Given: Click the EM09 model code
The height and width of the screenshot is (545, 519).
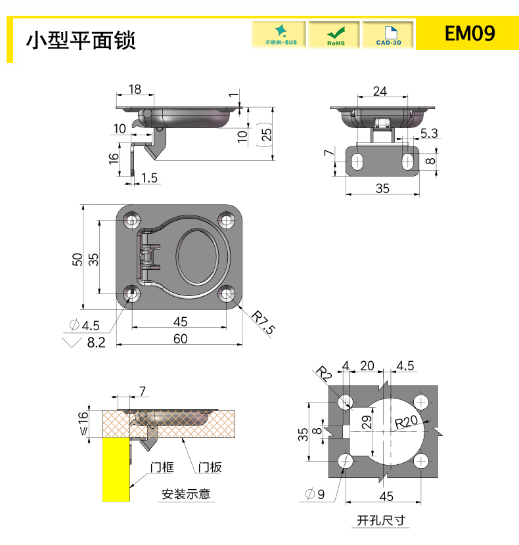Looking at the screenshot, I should tap(469, 33).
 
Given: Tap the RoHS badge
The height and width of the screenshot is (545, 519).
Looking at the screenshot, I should tap(334, 35).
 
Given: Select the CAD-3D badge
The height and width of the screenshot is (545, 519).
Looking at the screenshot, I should tap(388, 35).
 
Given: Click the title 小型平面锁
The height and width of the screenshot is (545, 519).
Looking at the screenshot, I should tap(81, 40).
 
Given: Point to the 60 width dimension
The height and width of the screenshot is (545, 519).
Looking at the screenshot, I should tap(180, 338).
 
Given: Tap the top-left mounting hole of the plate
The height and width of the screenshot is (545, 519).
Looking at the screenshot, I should tap(131, 220).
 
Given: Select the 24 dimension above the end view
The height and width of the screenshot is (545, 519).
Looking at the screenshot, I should tap(380, 91).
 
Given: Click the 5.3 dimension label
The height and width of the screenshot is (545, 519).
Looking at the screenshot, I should tap(428, 134).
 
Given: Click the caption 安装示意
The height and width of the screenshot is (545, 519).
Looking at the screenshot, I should tap(187, 494).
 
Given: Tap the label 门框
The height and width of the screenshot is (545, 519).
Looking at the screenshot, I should tap(162, 467).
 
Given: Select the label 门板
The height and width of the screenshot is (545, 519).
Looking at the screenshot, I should tap(210, 467).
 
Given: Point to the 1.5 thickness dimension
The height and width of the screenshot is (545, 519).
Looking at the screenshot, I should tap(149, 178).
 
